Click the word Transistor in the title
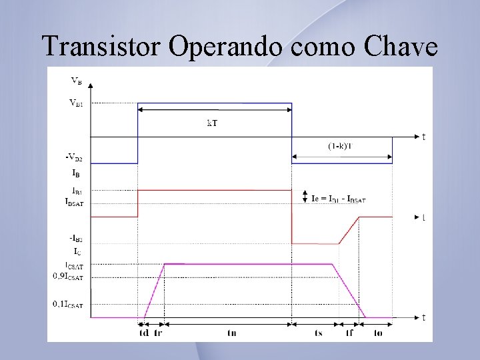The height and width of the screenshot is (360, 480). click(101, 46)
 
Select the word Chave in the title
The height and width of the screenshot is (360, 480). click(401, 46)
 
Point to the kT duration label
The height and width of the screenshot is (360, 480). click(212, 123)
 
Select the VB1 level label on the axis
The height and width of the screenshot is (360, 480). click(76, 103)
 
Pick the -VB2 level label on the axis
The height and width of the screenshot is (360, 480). click(74, 157)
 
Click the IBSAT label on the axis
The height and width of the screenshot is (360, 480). click(74, 201)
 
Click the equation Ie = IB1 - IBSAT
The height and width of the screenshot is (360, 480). click(339, 198)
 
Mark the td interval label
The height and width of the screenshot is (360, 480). click(143, 333)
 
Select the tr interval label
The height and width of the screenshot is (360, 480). click(158, 333)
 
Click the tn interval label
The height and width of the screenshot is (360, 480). click(231, 333)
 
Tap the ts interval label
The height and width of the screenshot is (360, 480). click(319, 333)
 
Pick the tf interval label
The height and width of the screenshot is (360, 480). click(349, 333)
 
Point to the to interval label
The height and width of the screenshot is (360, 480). click(378, 333)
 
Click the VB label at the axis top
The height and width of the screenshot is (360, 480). click(76, 81)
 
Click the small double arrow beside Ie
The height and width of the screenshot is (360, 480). click(304, 195)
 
